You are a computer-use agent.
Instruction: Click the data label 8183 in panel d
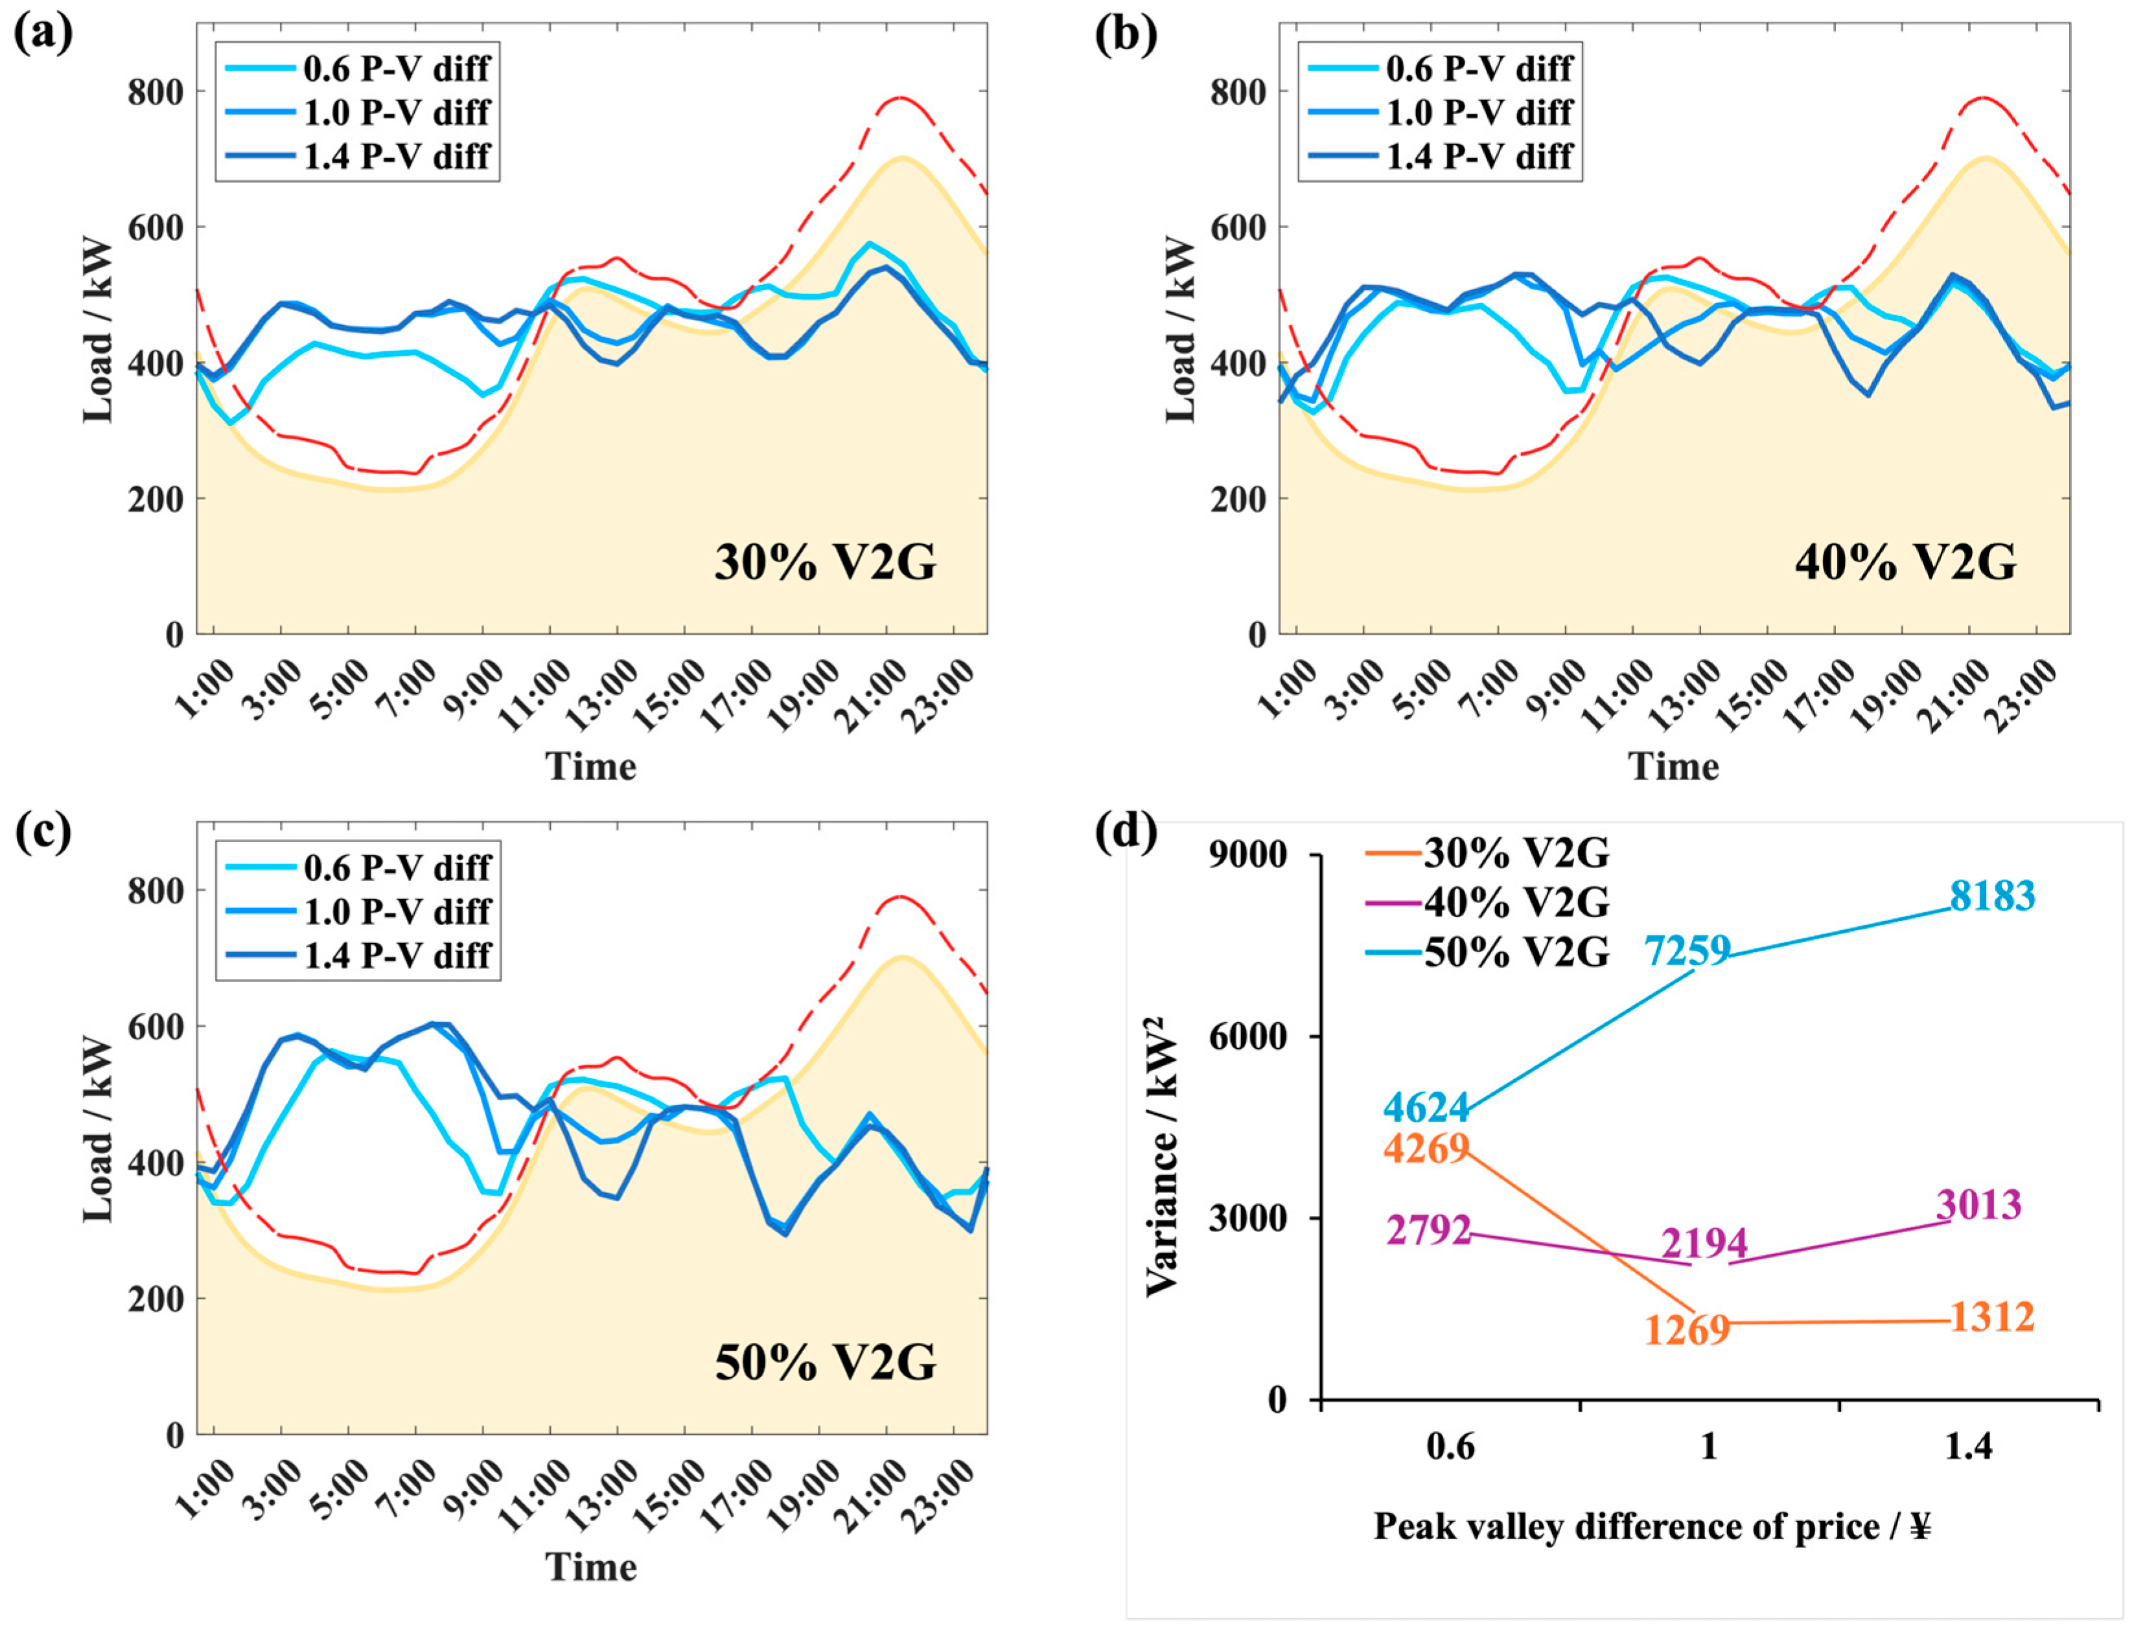[x=1992, y=895]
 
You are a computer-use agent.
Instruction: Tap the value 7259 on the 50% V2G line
[x=1687, y=950]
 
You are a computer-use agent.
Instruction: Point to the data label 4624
[x=1426, y=1107]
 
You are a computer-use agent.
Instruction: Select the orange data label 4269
[x=1426, y=1148]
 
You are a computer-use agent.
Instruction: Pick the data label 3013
[x=1979, y=1204]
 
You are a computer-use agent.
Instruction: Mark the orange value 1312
[x=1992, y=1317]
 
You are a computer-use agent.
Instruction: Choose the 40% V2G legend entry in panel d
[x=1487, y=903]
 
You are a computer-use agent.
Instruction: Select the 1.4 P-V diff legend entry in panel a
[x=358, y=155]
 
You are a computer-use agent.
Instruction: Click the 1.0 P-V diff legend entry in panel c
[x=358, y=911]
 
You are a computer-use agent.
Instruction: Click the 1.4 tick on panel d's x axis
[x=1969, y=1447]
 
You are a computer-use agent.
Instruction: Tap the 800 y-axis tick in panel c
[x=156, y=891]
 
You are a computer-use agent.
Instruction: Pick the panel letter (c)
[x=43, y=832]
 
